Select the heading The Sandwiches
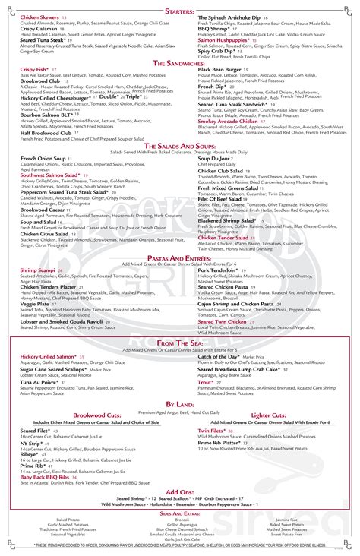[180, 62]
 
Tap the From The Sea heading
[180, 343]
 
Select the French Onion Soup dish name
[44, 158]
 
